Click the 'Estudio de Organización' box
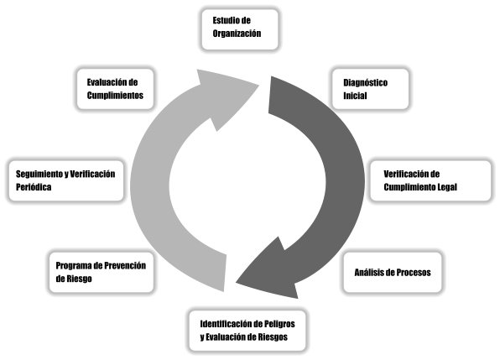point(240,29)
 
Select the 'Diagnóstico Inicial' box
point(370,89)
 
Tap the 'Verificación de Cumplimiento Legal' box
point(430,180)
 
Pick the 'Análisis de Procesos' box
point(393,273)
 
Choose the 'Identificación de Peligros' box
point(247,331)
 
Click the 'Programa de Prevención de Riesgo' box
point(102,273)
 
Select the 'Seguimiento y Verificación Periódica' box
point(66,180)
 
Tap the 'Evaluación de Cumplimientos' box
point(115,89)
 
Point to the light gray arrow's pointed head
point(258,85)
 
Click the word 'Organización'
point(237,34)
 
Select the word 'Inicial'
point(355,96)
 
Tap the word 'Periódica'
point(34,187)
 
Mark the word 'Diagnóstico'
point(366,83)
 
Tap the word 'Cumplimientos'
point(115,96)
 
